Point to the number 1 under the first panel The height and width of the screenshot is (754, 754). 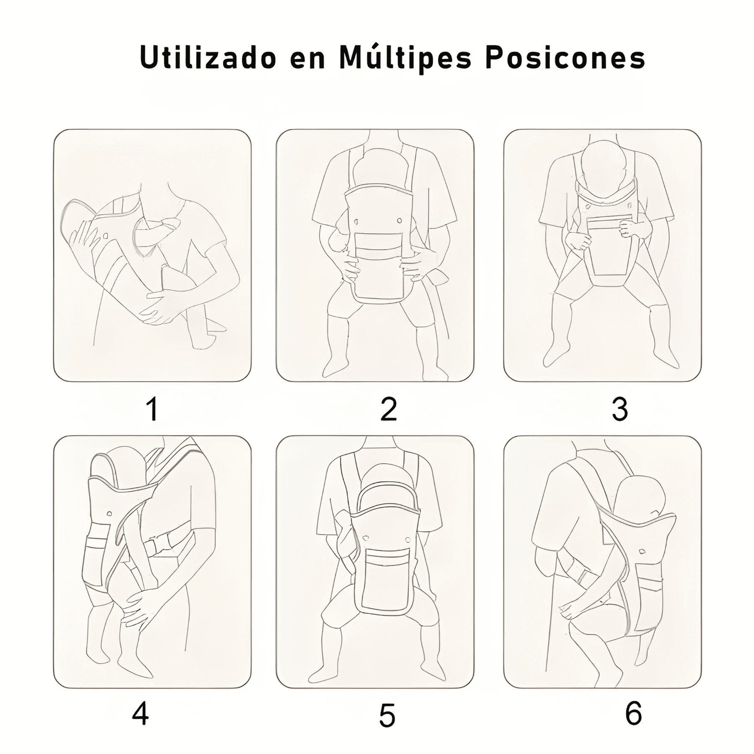pos(152,409)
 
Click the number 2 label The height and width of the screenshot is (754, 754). pos(388,409)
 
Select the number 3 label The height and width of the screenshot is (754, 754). pos(620,409)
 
